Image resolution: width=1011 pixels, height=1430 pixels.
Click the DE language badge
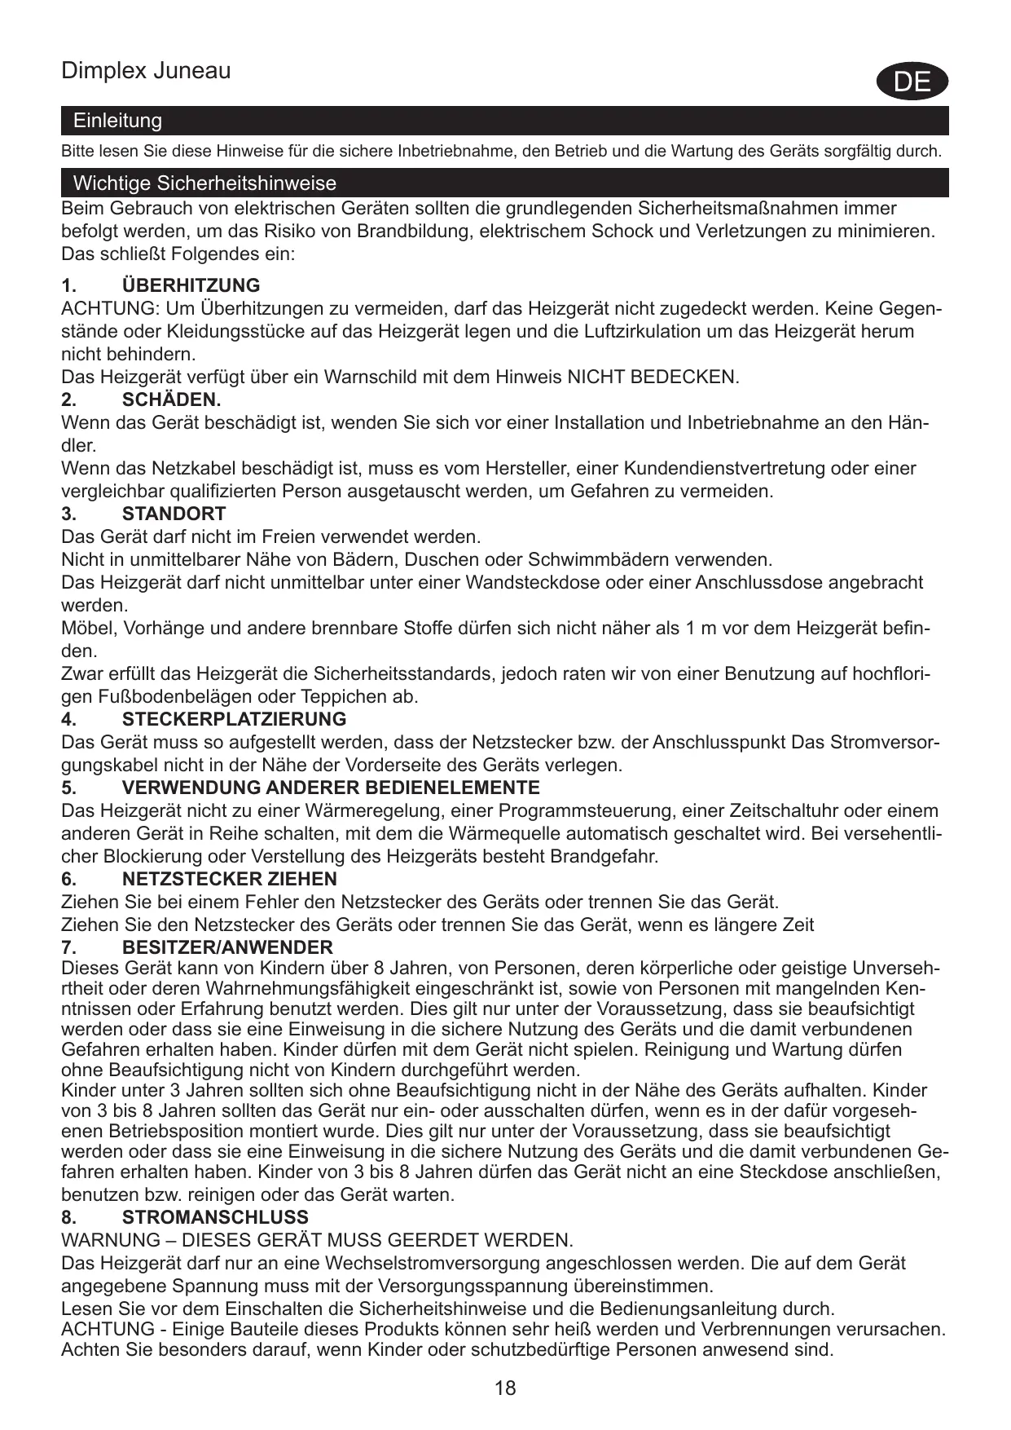[912, 82]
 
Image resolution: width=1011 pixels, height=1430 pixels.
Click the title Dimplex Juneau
[146, 71]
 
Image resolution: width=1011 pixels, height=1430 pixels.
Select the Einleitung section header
[117, 121]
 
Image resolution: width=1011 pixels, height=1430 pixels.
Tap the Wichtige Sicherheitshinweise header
[204, 183]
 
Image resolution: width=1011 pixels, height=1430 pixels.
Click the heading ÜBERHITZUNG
[191, 285]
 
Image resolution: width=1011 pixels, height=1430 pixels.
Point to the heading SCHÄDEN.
[171, 399]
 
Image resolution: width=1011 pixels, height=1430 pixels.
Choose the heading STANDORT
[174, 514]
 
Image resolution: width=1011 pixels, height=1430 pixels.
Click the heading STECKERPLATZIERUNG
[234, 719]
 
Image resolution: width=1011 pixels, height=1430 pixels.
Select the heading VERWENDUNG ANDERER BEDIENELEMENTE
[331, 788]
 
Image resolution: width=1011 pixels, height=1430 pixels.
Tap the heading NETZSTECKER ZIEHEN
[229, 879]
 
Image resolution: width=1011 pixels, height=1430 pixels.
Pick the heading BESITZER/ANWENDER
[227, 947]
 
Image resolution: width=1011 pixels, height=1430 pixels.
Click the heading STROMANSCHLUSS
[215, 1217]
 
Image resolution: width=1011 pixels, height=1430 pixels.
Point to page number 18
[505, 1388]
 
